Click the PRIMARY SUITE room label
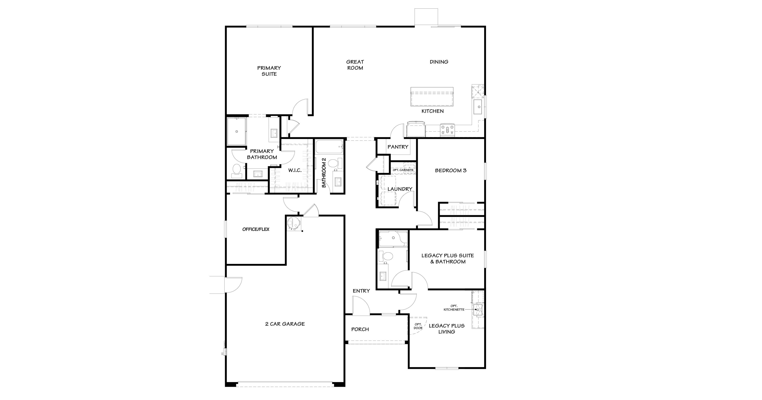(x=269, y=71)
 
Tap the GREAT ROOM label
(x=355, y=65)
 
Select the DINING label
(x=439, y=62)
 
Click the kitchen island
(x=432, y=97)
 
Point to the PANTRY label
(x=398, y=147)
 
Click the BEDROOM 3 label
(x=450, y=170)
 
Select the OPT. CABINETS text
(x=403, y=170)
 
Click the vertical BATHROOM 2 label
(x=324, y=173)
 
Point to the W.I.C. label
(x=295, y=170)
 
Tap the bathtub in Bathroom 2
(x=329, y=147)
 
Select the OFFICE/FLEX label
(x=256, y=229)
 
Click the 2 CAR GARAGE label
(x=285, y=324)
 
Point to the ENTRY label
(x=361, y=291)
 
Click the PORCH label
(x=360, y=329)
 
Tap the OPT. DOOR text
(x=418, y=326)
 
